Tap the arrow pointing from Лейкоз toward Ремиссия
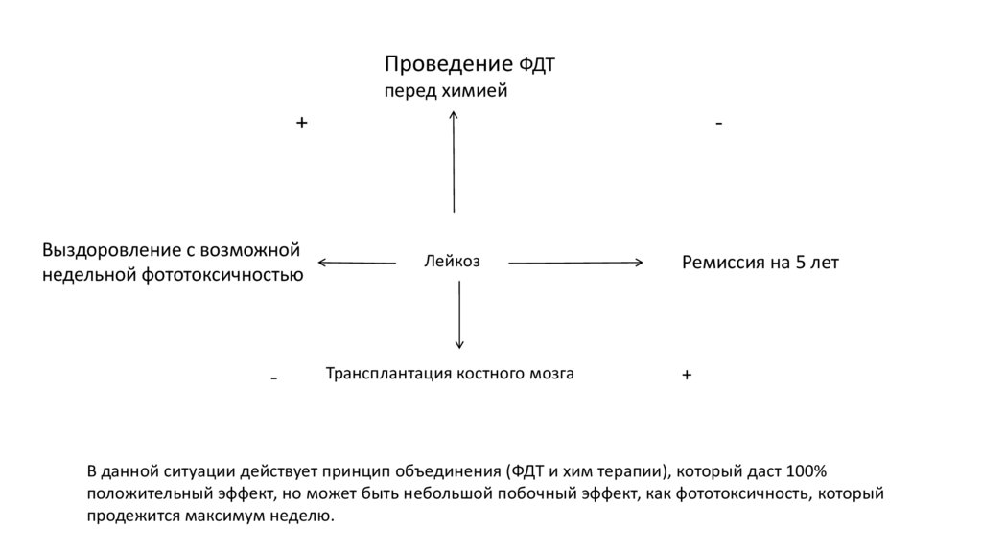[x=575, y=262]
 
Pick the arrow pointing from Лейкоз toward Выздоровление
[x=357, y=262]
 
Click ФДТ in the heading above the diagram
[x=538, y=66]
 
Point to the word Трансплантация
[x=386, y=374]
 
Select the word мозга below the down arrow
[x=551, y=374]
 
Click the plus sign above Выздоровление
[x=301, y=124]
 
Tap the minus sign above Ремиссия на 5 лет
[x=718, y=124]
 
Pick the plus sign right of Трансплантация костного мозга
[x=687, y=377]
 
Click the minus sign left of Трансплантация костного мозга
[x=274, y=378]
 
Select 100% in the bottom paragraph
[x=805, y=472]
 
